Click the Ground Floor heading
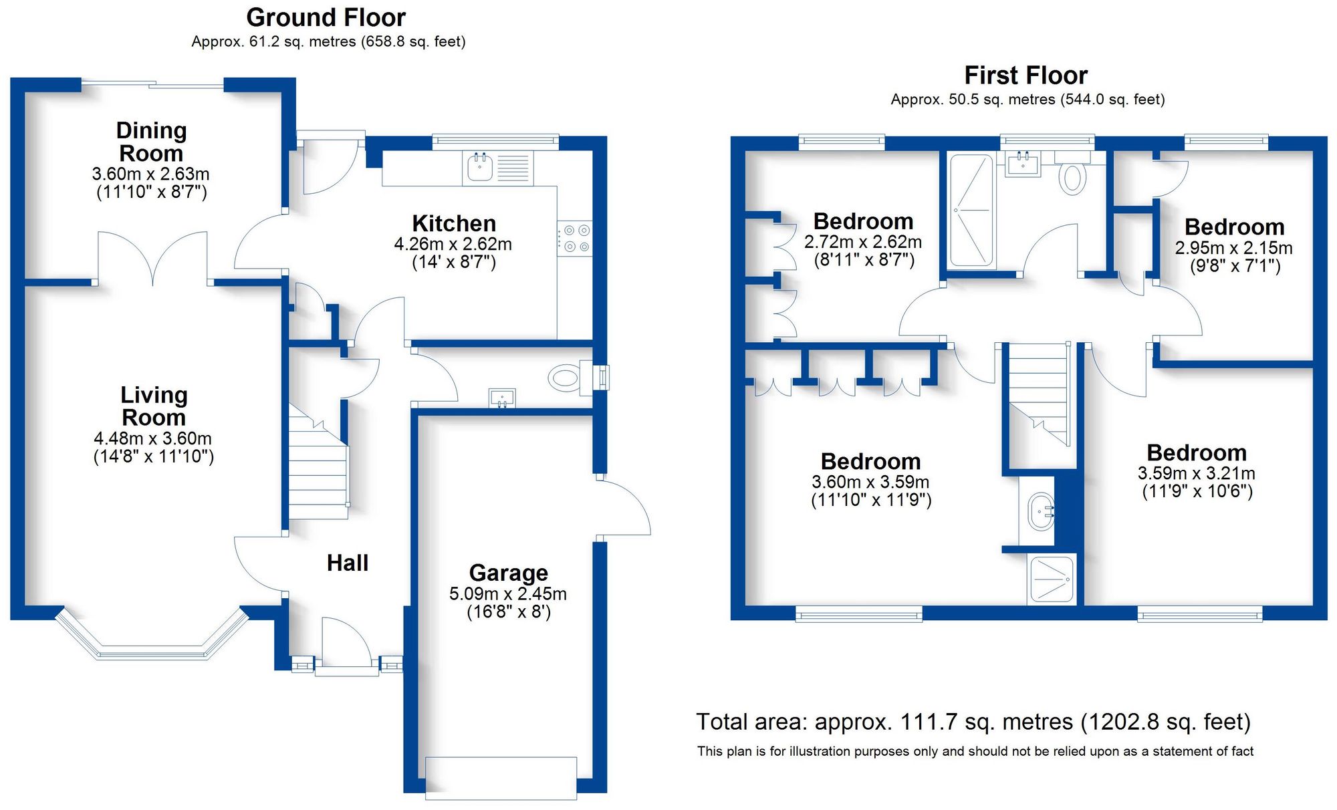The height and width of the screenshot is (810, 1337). click(326, 17)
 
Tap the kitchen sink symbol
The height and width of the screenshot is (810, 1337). click(479, 167)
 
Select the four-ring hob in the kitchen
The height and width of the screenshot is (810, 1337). click(576, 239)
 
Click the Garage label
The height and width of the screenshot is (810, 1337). click(508, 573)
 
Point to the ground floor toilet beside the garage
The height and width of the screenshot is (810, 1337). click(566, 378)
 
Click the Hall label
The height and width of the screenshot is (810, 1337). click(347, 563)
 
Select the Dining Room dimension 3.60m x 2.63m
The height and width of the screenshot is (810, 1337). click(151, 174)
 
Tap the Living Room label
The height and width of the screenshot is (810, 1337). click(154, 406)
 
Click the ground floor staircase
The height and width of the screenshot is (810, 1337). click(318, 468)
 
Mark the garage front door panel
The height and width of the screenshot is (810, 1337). click(501, 777)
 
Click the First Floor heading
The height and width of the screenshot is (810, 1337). click(1025, 75)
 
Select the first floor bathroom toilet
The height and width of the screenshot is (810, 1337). click(1072, 177)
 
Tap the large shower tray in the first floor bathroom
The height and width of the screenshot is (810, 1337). click(971, 210)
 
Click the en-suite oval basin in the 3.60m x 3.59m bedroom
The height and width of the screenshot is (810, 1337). click(1041, 512)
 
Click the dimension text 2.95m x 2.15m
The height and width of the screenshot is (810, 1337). click(1233, 248)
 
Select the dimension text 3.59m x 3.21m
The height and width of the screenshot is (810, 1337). click(1196, 473)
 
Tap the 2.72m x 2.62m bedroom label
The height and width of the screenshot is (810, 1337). click(863, 221)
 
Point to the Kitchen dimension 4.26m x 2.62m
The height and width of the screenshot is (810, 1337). click(453, 244)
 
